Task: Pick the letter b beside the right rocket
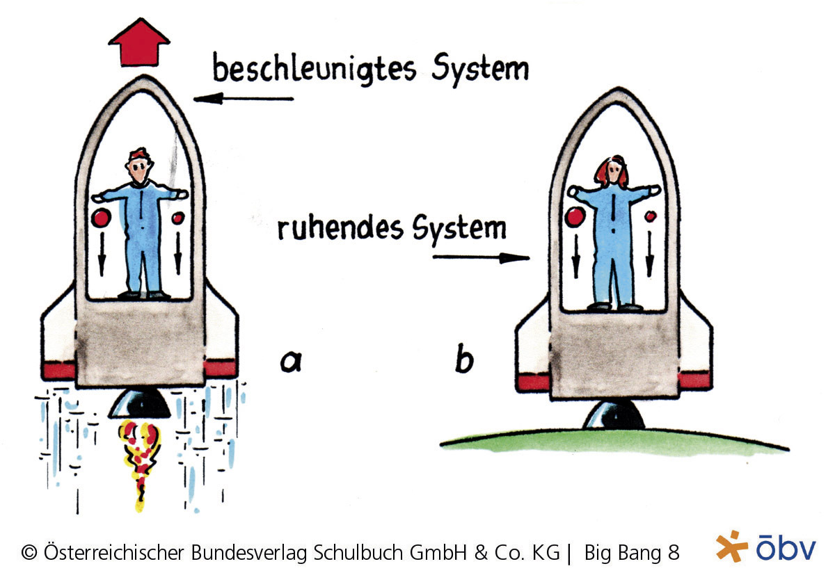pos(464,360)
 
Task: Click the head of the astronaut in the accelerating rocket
pos(139,167)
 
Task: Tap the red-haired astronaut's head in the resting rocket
pos(612,171)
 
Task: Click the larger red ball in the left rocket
pos(102,218)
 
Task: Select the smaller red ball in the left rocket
pos(177,219)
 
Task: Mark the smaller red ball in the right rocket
pos(651,216)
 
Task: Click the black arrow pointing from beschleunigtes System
pos(243,99)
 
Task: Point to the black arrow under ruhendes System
pos(480,258)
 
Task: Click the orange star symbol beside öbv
pos(731,546)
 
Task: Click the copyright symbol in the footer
pos(29,554)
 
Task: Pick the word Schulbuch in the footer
pos(361,554)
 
